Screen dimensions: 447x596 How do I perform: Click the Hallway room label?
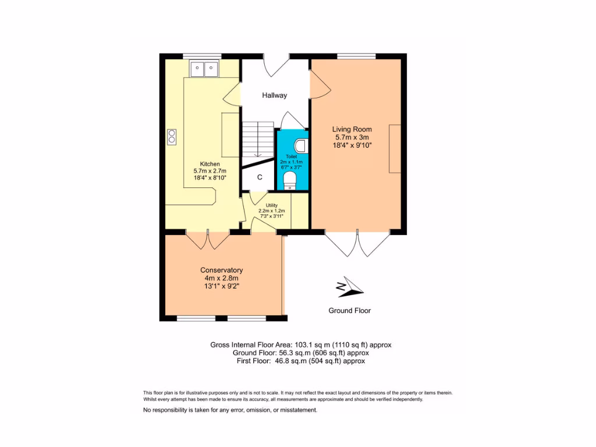click(274, 95)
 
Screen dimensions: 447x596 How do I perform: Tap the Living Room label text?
click(352, 129)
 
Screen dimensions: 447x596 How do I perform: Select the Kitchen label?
click(210, 164)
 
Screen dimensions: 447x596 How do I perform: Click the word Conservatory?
click(221, 270)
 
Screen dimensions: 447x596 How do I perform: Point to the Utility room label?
click(272, 205)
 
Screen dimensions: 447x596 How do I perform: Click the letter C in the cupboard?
click(260, 177)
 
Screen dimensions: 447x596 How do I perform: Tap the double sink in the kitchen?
click(203, 69)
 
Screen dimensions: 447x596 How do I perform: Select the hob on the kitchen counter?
click(172, 136)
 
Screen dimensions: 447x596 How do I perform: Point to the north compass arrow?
click(349, 286)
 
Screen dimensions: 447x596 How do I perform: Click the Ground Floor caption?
click(349, 311)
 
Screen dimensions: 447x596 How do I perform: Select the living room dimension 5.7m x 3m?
click(352, 137)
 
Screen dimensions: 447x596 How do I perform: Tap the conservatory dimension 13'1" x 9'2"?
click(221, 286)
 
